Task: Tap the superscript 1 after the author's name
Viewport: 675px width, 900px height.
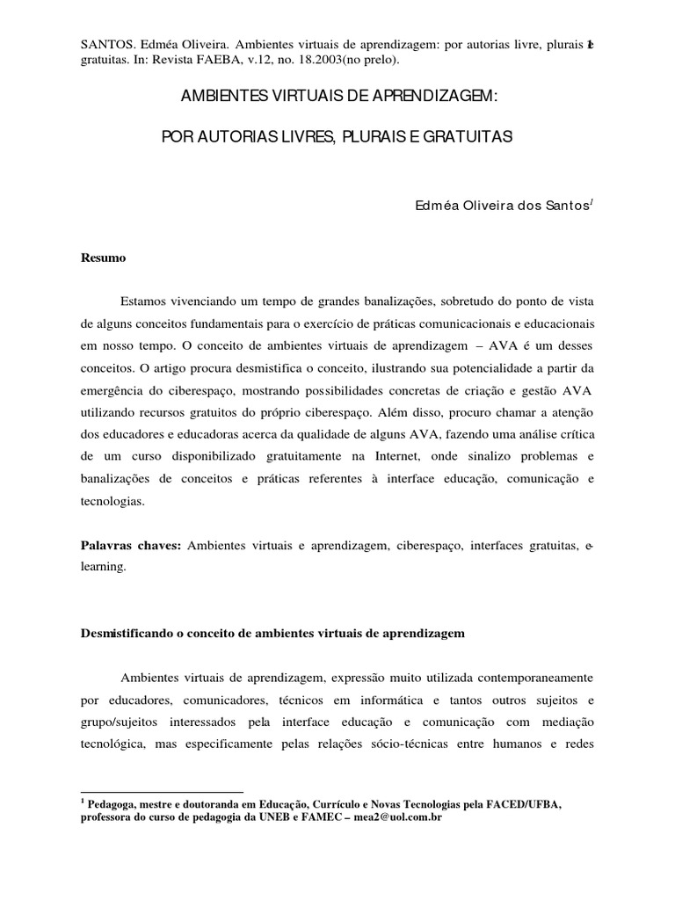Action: pos(594,201)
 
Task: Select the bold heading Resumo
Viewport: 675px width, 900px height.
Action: pos(103,258)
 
